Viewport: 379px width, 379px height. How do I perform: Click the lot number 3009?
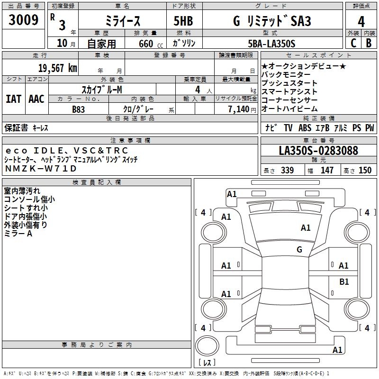click(x=24, y=20)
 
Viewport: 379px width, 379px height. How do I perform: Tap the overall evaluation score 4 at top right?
click(x=361, y=22)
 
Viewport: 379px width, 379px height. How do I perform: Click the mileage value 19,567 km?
click(x=57, y=68)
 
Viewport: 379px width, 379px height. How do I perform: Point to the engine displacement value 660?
click(x=146, y=44)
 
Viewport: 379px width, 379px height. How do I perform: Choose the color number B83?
click(x=79, y=109)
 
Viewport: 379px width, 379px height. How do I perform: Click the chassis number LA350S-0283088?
click(x=318, y=151)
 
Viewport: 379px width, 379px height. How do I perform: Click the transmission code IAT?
click(x=13, y=99)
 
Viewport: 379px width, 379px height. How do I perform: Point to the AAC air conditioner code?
click(x=36, y=99)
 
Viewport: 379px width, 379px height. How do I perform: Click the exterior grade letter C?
click(x=353, y=43)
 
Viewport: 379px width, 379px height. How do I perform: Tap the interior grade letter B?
click(x=369, y=43)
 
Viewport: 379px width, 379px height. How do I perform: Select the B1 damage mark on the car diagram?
click(x=344, y=282)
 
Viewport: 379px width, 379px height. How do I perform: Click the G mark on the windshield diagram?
click(x=299, y=250)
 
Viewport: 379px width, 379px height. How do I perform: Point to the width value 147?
click(x=327, y=170)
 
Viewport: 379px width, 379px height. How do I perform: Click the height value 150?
click(x=365, y=170)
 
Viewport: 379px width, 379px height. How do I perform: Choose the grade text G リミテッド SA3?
click(x=272, y=22)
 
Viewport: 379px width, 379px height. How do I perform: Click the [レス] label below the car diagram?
click(x=207, y=362)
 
